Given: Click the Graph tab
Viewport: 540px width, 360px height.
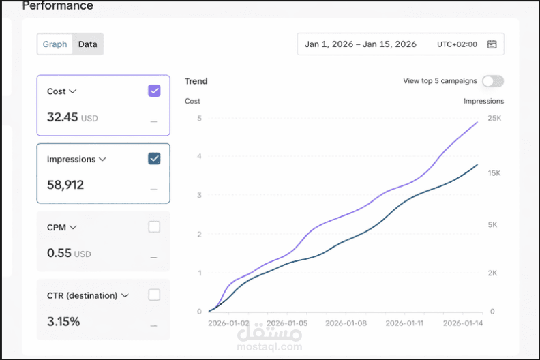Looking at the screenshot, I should coord(55,44).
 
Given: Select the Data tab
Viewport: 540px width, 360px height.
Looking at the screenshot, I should coord(87,44).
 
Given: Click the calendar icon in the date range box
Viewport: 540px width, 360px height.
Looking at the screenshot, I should coord(492,44).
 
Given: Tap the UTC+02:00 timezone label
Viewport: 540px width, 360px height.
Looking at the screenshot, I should coord(457,44).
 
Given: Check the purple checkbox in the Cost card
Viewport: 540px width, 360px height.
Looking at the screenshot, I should coord(154,91).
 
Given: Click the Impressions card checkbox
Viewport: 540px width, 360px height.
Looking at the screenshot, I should coord(154,159).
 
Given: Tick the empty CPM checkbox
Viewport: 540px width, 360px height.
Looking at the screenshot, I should coord(154,227).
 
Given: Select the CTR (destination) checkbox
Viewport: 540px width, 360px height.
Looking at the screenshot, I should coord(154,295).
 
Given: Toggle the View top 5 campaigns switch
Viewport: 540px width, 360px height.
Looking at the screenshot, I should coord(492,81).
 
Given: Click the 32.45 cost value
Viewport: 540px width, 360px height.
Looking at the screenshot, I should coord(63,117).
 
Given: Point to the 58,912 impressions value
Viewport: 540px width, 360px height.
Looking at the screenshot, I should coord(65,185).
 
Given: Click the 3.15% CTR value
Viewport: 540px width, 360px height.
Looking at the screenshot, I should coord(63,321).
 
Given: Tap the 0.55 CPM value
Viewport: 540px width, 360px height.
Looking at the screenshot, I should coord(59,253).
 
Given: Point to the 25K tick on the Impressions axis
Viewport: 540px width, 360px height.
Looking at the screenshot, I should coord(494,119).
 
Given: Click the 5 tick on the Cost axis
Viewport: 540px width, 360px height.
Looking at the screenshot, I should coord(199,119).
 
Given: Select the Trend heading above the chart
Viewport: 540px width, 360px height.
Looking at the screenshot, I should coord(196,81).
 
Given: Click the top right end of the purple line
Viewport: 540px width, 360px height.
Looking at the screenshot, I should coord(477,122).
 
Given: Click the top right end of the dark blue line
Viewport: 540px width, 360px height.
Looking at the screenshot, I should coord(477,164).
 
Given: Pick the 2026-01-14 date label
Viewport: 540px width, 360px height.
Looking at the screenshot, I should coord(463,323).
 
